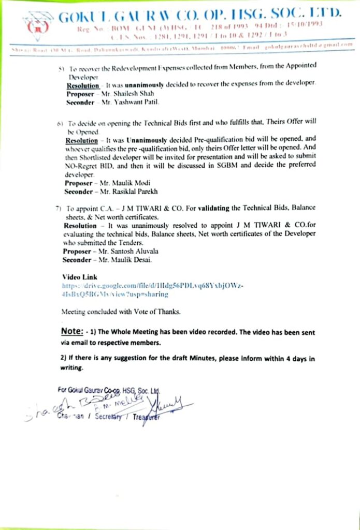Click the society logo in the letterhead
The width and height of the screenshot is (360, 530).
[x=37, y=24]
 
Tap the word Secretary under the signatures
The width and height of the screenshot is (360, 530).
[x=113, y=417]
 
